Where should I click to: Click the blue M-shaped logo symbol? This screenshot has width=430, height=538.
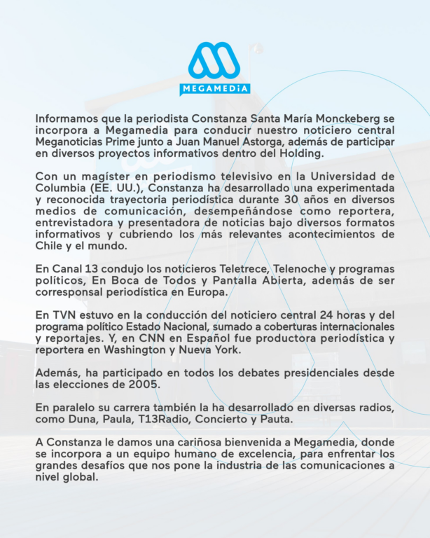pyautogui.click(x=214, y=62)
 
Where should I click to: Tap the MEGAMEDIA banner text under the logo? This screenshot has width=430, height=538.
pyautogui.click(x=214, y=90)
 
